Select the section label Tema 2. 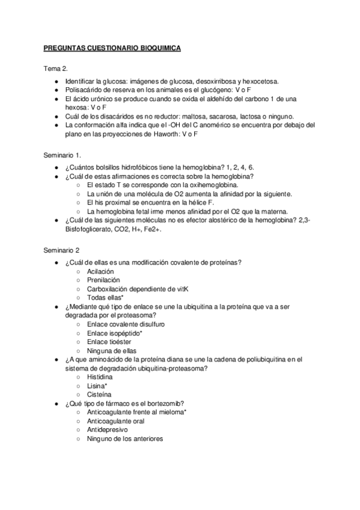pos(55,69)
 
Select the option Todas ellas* pos(106,297)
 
